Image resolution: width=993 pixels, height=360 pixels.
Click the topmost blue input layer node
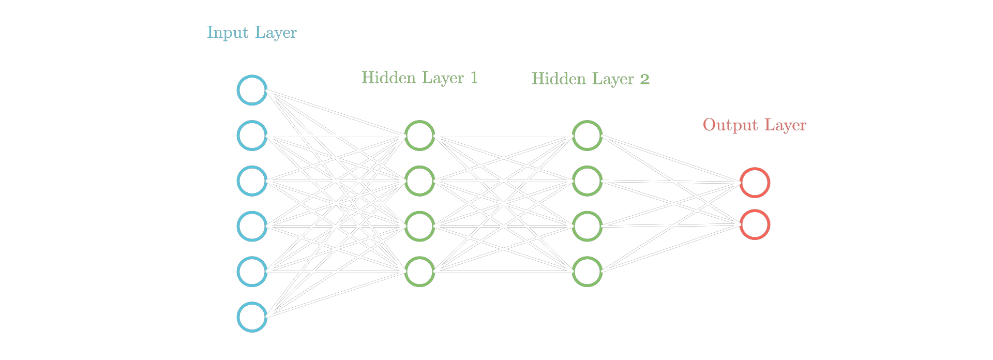point(252,90)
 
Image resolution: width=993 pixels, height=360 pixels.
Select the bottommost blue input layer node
point(252,317)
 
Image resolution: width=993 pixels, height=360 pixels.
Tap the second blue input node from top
point(252,136)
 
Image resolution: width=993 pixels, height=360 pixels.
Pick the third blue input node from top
point(252,181)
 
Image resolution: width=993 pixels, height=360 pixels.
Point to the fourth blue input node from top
point(252,226)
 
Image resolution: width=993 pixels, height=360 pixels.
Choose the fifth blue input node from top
point(252,271)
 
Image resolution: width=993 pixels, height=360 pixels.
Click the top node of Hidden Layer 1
point(419,136)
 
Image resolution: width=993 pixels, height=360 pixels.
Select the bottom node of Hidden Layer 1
point(419,271)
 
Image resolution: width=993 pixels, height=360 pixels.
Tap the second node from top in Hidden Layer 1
point(419,181)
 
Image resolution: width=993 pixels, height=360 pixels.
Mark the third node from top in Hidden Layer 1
point(419,226)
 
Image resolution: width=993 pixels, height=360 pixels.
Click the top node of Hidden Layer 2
point(587,136)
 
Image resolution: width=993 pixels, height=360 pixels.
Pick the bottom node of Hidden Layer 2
point(587,271)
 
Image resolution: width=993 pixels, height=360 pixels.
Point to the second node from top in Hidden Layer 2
point(587,181)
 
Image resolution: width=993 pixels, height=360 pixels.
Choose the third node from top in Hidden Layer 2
point(587,226)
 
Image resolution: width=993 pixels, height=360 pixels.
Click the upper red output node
point(755,183)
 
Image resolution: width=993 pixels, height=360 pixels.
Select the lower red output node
point(755,224)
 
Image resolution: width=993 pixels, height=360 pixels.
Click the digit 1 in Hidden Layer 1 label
point(473,78)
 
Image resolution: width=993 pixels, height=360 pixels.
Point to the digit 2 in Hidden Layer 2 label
point(644,79)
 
